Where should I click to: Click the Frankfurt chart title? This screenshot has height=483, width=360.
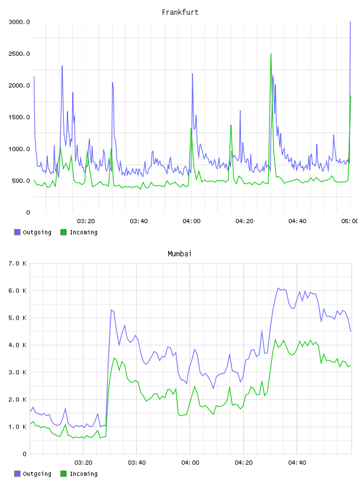click(180, 12)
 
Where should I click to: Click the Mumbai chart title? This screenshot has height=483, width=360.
click(179, 254)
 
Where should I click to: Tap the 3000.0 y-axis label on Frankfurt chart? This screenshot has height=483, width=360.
click(19, 22)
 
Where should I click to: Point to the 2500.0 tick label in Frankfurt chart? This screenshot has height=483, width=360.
click(19, 54)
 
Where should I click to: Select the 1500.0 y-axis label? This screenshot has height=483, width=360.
click(19, 117)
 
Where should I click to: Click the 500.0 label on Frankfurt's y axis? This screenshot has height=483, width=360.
click(21, 181)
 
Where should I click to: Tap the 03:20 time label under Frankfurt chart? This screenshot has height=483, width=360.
click(86, 221)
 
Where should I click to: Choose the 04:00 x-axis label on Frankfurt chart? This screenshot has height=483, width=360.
click(191, 221)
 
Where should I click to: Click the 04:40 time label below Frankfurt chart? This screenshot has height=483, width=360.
click(297, 221)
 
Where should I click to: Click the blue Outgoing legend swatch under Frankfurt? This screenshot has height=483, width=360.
click(17, 232)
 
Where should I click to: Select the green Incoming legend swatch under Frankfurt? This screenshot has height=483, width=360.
click(63, 232)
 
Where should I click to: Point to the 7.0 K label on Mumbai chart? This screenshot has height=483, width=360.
click(17, 263)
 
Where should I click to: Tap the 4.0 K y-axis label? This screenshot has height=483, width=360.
click(17, 345)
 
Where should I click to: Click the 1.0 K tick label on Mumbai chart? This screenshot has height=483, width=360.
click(17, 427)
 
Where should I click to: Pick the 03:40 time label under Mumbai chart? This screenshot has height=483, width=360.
click(137, 462)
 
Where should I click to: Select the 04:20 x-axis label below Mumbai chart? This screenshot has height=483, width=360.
click(243, 462)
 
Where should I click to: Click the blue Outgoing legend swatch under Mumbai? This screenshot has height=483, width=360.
click(17, 474)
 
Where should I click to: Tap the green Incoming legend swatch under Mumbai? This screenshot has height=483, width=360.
click(63, 474)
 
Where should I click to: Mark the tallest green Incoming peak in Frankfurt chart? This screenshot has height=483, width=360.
click(271, 54)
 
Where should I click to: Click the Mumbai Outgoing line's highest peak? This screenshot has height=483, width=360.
click(278, 288)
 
